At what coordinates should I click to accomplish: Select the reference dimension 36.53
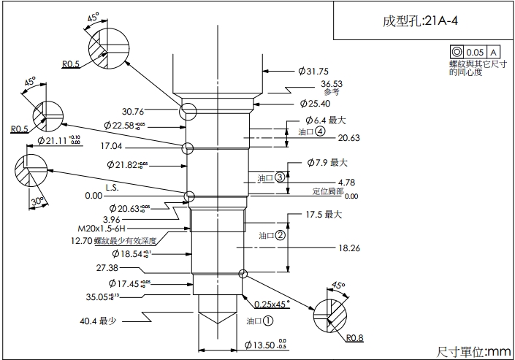(331, 84)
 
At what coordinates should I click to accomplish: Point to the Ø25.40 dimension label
(316, 104)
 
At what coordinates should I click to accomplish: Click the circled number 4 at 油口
(319, 131)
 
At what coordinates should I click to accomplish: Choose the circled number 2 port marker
(280, 235)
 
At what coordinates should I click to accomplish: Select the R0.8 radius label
(355, 337)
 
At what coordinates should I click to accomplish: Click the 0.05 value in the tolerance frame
(475, 52)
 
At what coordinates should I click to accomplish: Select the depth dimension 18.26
(348, 248)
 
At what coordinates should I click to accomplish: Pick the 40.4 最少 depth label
(99, 321)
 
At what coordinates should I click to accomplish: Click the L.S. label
(112, 187)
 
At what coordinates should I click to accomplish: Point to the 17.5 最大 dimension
(323, 215)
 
